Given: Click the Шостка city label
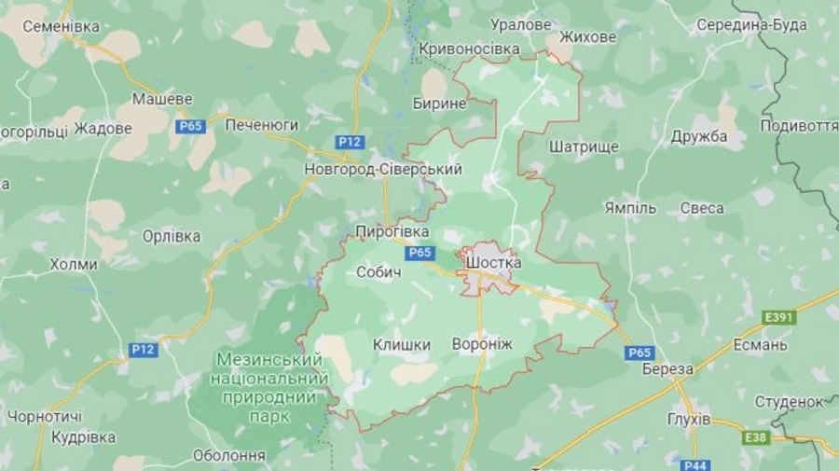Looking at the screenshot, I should (x=493, y=263).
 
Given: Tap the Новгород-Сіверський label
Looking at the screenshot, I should (x=383, y=170).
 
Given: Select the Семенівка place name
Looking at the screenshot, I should (x=61, y=26).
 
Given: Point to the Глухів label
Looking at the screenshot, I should (x=690, y=417).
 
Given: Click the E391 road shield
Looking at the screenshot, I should (x=778, y=318).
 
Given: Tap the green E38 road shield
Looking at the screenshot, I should (x=756, y=436).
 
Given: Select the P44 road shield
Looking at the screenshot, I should (x=695, y=464).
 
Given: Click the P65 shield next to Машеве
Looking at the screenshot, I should (x=190, y=126).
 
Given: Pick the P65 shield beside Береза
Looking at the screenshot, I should (x=640, y=353).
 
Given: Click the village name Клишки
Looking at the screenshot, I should (x=402, y=345).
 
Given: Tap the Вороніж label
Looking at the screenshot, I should (x=482, y=344).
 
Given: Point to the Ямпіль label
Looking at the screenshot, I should (x=630, y=207).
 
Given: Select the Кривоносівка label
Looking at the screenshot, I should (x=469, y=48).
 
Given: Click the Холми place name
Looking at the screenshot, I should (x=74, y=264).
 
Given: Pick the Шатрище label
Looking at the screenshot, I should (x=585, y=146).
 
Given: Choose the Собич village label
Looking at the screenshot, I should (x=378, y=272).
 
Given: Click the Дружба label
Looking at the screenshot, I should (x=699, y=136).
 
